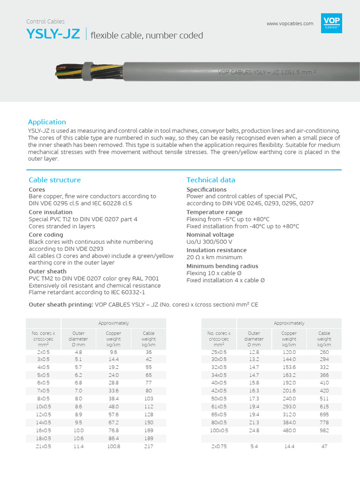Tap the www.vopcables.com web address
pos(290,24)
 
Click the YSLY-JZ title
pos(53,35)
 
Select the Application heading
pos(47,122)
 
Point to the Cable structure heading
pos(54,180)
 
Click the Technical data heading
pos(211,180)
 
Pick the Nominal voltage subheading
pos(210,234)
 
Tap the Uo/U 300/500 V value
pos(209,242)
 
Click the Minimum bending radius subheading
pos(222,266)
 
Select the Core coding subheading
pos(46,234)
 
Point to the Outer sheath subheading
pos(47,271)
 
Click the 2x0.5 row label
pos(44,352)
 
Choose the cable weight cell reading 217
pos(149,446)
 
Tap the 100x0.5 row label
pos(219,430)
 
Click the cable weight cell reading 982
pos(324,430)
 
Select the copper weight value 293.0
pos(289,407)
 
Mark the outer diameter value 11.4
pos(78,446)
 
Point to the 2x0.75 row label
pos(219,446)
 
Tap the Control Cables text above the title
pos(45,22)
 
